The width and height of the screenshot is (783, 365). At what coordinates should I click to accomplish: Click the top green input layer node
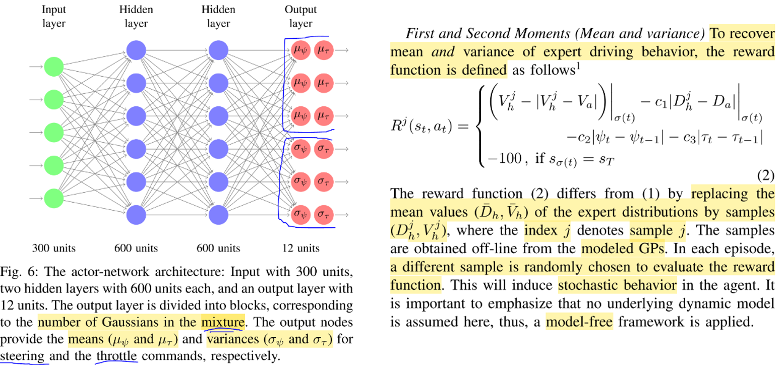click(x=53, y=67)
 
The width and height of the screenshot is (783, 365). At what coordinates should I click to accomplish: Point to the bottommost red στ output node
click(x=324, y=215)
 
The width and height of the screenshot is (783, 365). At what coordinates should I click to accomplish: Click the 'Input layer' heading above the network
click(x=53, y=16)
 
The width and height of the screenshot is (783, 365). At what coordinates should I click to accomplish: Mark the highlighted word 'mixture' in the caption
click(x=223, y=321)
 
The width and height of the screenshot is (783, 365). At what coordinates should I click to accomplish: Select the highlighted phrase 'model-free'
click(x=579, y=321)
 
